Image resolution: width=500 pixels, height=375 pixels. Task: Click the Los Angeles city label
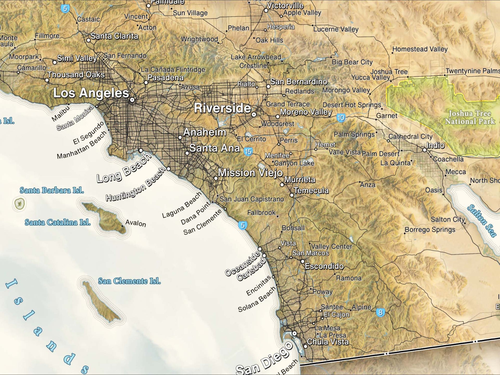[91, 93]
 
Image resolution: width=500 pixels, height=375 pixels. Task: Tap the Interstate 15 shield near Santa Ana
[248, 151]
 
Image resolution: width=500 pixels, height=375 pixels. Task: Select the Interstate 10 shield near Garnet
[341, 118]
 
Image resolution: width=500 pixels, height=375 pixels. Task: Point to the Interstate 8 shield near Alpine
[380, 312]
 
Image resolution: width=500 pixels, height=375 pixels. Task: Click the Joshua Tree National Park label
[470, 117]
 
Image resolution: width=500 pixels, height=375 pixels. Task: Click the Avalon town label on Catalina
[135, 223]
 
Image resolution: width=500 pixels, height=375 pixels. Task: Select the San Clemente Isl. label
[129, 281]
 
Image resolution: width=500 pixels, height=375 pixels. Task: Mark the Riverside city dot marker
[254, 114]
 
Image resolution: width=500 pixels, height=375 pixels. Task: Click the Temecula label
[311, 191]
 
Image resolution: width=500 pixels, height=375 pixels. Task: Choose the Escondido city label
[324, 266]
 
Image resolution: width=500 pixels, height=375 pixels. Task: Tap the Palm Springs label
[354, 135]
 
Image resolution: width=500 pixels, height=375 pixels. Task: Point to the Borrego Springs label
[430, 230]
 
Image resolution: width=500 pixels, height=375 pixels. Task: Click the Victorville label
[285, 5]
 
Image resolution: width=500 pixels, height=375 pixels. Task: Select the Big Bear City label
[352, 62]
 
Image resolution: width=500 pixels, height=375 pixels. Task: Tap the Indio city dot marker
[424, 150]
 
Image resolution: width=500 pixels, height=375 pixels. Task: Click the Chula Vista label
[328, 342]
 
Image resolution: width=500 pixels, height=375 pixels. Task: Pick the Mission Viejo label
[250, 173]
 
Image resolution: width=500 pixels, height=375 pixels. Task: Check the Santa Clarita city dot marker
[89, 40]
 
